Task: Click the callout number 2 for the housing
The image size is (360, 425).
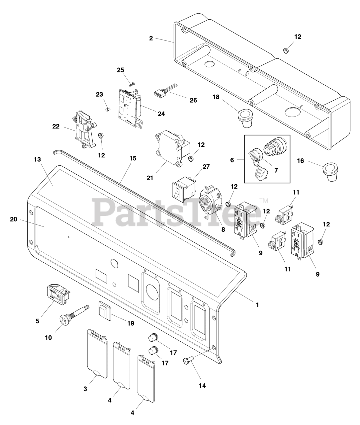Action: (151, 39)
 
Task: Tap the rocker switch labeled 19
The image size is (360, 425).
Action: (104, 311)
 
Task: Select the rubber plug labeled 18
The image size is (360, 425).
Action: (244, 119)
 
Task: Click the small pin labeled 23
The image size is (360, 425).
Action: (107, 108)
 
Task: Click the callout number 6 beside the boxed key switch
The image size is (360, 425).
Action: (232, 160)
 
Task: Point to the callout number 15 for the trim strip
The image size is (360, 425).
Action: (133, 158)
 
